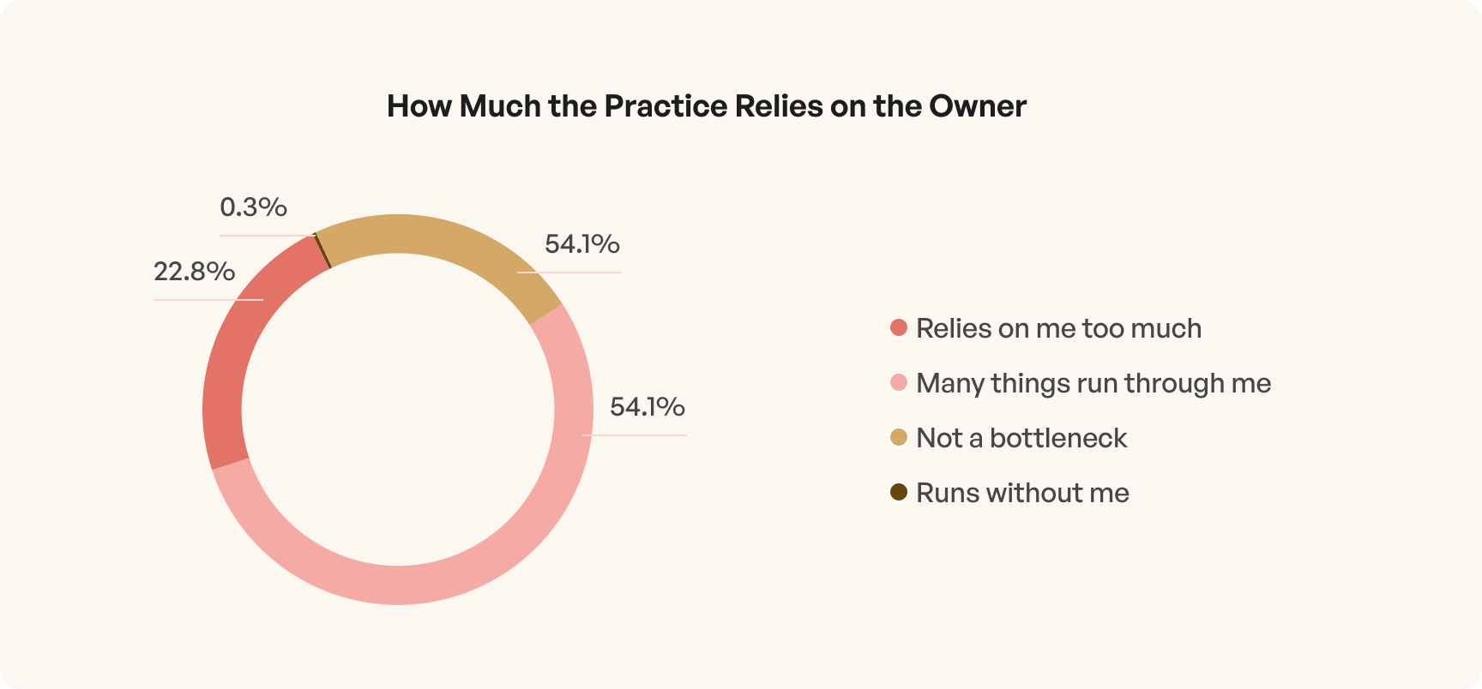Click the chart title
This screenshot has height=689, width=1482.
point(706,106)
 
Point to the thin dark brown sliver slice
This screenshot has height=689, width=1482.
point(322,250)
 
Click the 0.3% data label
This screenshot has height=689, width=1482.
point(253,207)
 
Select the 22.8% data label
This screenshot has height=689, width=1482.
point(194,272)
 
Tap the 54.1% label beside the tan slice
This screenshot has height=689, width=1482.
point(582,244)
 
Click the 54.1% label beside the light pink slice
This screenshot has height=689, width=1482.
point(648,406)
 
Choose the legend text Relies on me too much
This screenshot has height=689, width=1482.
point(1058,328)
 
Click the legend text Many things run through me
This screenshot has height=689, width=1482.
point(1093,383)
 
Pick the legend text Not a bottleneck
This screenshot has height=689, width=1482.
point(1021,438)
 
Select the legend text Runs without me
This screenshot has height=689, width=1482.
point(1022,493)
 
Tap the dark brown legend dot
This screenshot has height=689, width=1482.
point(899,493)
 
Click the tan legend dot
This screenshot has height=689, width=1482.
point(899,438)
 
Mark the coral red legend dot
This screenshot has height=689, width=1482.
point(899,328)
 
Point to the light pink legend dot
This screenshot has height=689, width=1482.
point(899,383)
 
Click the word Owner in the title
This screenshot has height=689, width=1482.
point(978,106)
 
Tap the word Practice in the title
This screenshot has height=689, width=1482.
point(666,106)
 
